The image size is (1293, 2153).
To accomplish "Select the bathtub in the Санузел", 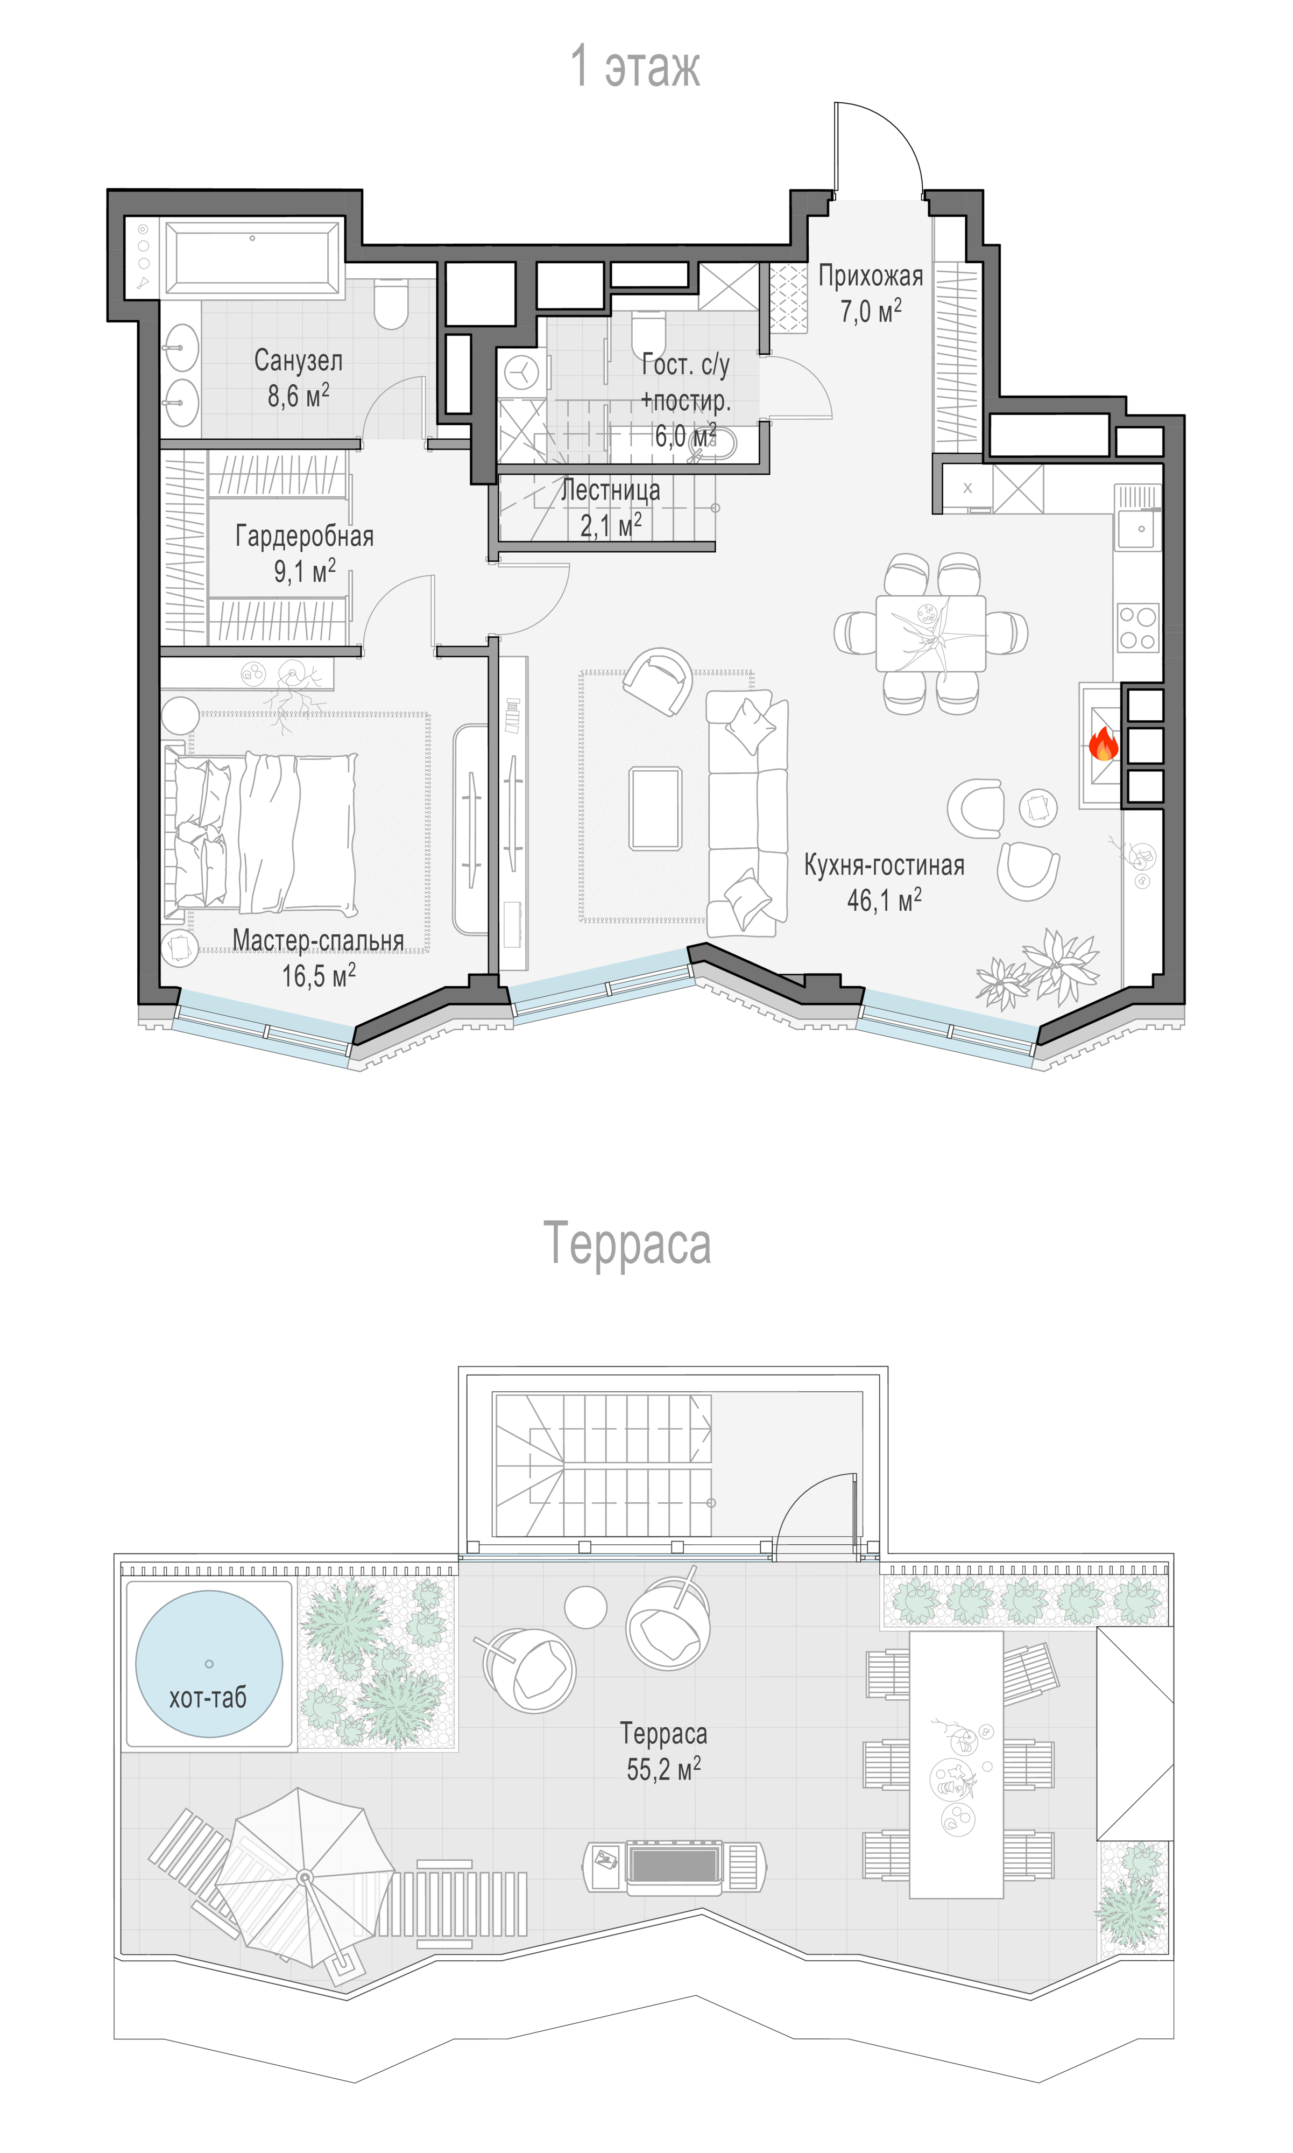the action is coord(253,257).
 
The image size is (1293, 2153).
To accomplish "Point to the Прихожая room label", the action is coord(871,276).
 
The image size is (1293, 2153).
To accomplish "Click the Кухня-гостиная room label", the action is coord(885,865).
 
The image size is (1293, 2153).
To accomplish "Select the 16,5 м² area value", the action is coord(318,976).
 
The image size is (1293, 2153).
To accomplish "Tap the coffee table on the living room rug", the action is coord(656,808).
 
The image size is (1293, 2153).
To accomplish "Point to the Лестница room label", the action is coord(610,490).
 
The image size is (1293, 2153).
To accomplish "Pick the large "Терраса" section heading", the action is coord(627,1244).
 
